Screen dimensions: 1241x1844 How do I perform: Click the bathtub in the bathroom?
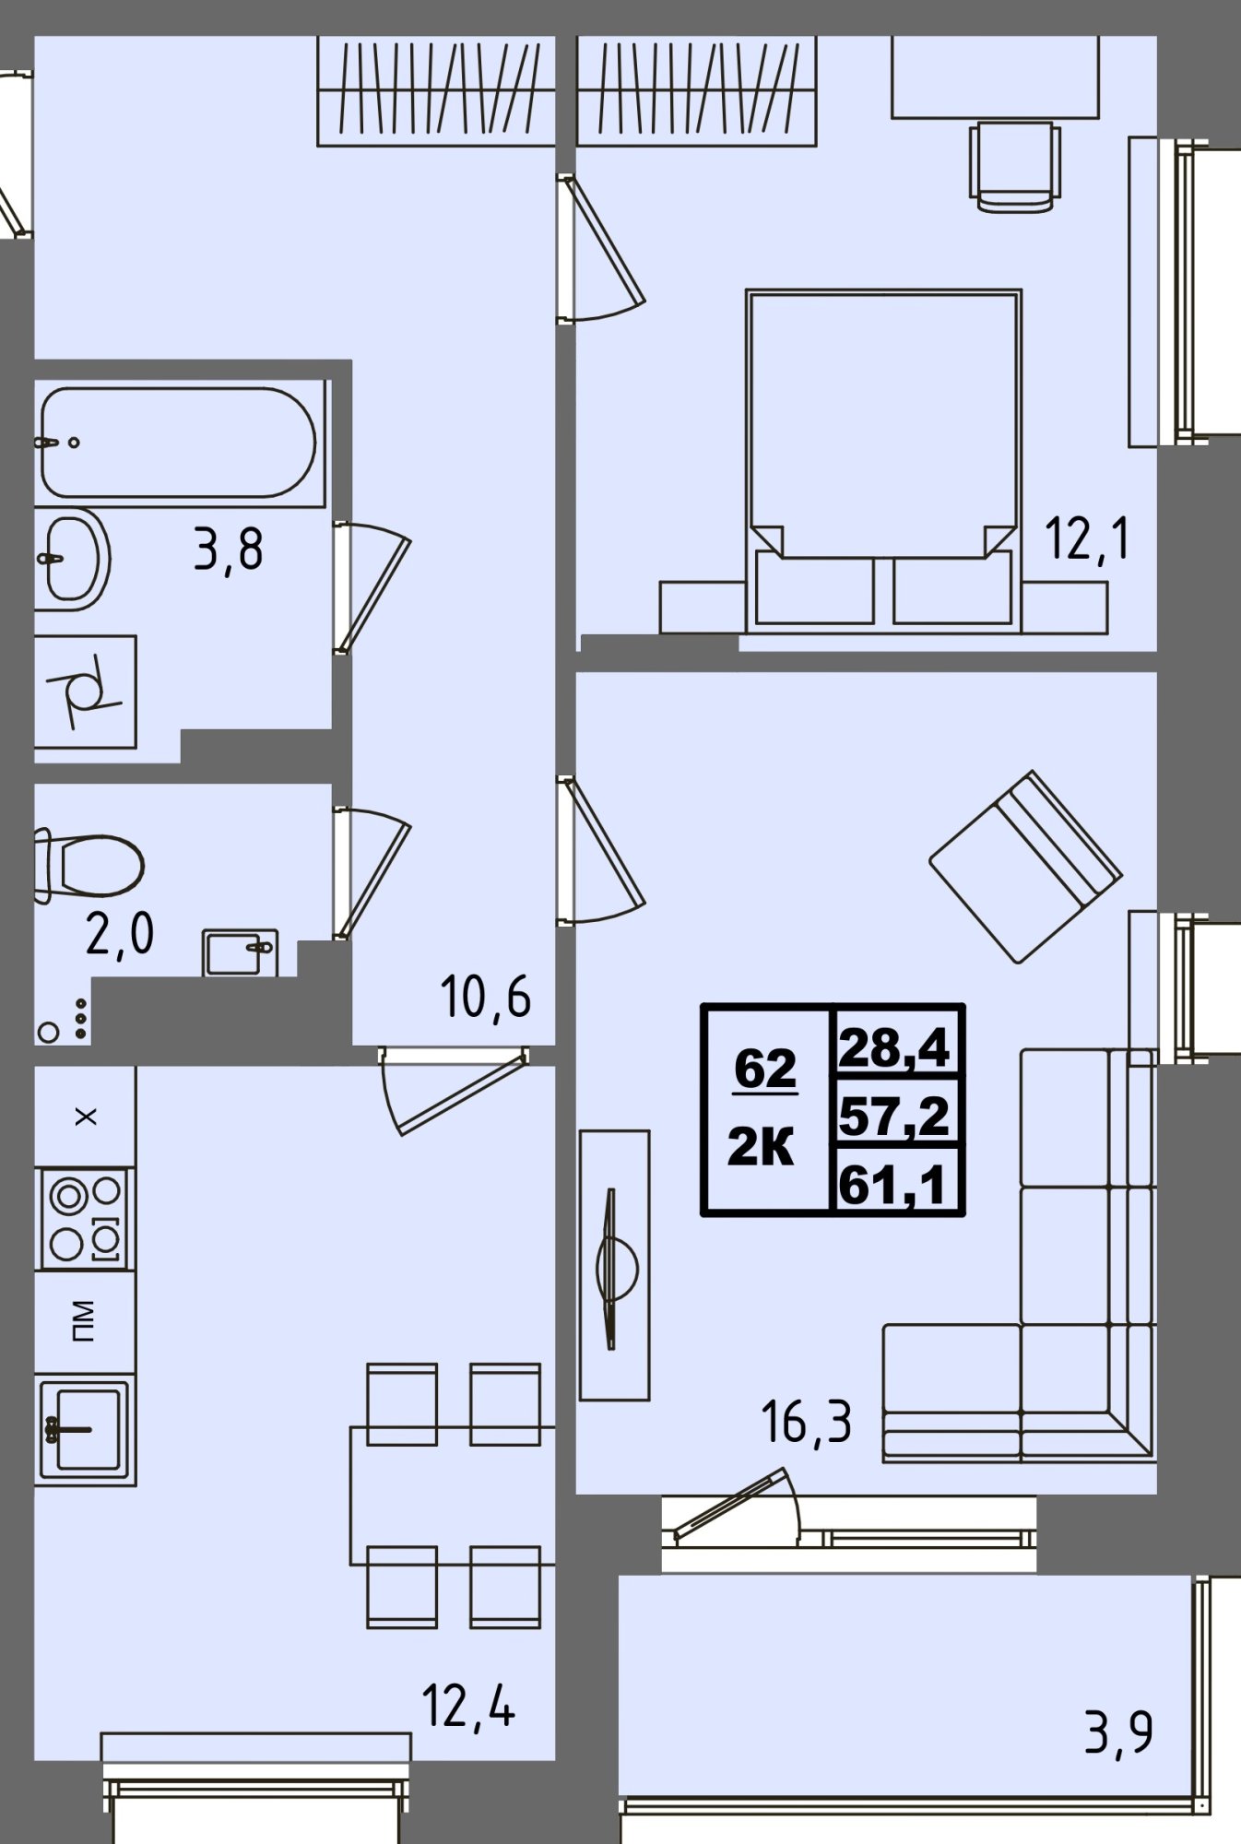tap(180, 443)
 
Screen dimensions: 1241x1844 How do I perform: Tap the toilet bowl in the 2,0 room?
tap(89, 865)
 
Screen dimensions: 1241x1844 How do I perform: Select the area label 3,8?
tap(228, 550)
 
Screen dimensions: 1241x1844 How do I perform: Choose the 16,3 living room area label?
tap(806, 1421)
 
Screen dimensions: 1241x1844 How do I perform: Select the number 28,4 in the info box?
tap(894, 1048)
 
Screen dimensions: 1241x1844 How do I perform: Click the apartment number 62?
tap(765, 1069)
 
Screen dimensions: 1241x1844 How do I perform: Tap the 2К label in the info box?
tap(761, 1149)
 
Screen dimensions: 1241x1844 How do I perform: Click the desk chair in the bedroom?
tap(1014, 167)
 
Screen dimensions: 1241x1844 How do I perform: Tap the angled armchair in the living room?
tap(1025, 867)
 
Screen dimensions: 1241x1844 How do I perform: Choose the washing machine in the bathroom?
tap(85, 691)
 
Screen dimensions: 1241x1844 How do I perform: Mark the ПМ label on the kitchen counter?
tap(83, 1321)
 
